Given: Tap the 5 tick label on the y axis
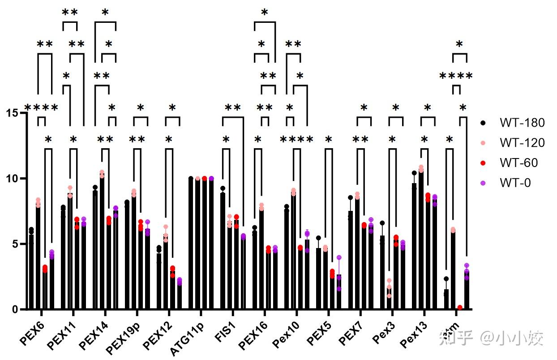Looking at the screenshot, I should click(x=16, y=244).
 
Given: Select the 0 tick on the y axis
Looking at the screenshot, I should click(x=16, y=309).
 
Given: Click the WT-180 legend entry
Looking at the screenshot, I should click(x=522, y=122).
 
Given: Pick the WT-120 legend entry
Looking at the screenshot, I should click(x=522, y=142).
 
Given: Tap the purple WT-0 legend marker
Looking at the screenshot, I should click(x=482, y=183).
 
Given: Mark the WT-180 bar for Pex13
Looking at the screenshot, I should click(x=414, y=246).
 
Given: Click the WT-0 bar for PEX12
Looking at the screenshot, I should click(x=180, y=296).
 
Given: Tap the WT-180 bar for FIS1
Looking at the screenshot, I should click(x=223, y=251).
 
